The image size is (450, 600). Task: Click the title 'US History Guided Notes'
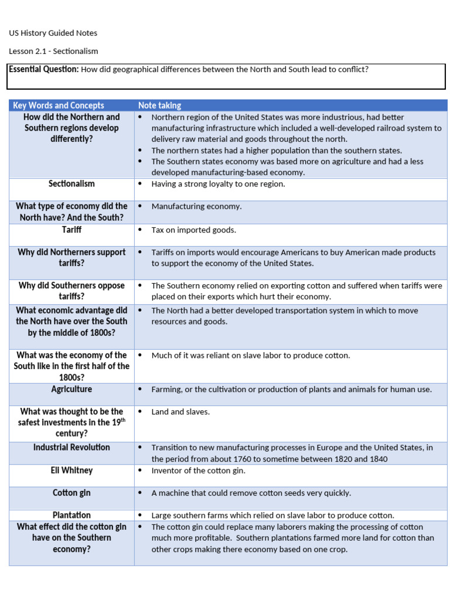pyautogui.click(x=53, y=33)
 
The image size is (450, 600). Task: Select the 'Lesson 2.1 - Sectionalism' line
pyautogui.click(x=53, y=51)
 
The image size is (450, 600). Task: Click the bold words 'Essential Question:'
pyautogui.click(x=44, y=69)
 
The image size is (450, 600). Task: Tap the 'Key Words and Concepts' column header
pyautogui.click(x=59, y=105)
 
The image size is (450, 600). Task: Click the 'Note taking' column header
pyautogui.click(x=159, y=105)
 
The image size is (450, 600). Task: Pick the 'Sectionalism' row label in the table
pyautogui.click(x=71, y=184)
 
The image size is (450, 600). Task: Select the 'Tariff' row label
pyautogui.click(x=71, y=230)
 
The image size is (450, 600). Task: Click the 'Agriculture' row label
pyautogui.click(x=71, y=389)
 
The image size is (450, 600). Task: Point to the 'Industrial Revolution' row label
pyautogui.click(x=71, y=447)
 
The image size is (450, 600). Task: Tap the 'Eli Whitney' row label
pyautogui.click(x=71, y=471)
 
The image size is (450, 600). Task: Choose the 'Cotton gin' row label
pyautogui.click(x=71, y=493)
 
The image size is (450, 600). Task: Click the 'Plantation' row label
pyautogui.click(x=71, y=515)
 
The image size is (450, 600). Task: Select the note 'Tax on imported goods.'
pyautogui.click(x=194, y=230)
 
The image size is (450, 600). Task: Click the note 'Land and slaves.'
pyautogui.click(x=180, y=412)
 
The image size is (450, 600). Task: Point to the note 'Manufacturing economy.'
pyautogui.click(x=196, y=206)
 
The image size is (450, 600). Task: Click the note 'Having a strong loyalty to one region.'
pyautogui.click(x=219, y=184)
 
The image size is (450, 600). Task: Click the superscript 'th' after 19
pyautogui.click(x=123, y=420)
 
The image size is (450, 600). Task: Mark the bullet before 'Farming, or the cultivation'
pyautogui.click(x=139, y=390)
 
